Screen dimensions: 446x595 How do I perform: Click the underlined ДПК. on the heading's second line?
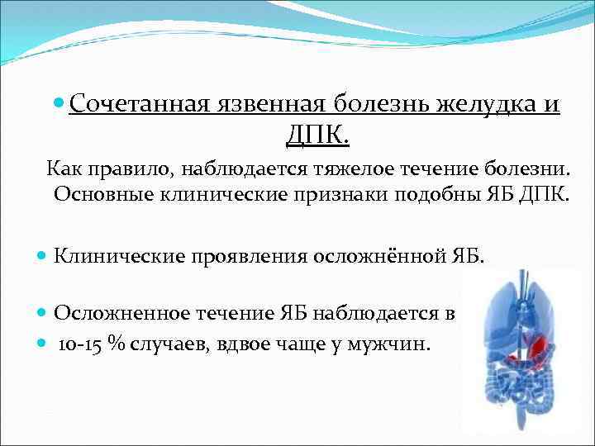318,134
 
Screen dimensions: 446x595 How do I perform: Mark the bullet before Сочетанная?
57,105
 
